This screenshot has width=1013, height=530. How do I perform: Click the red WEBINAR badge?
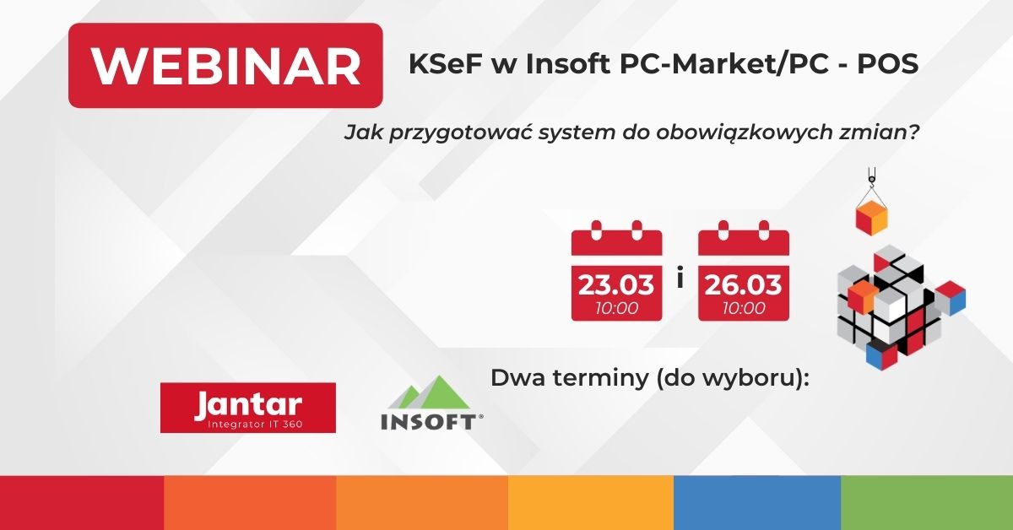click(x=225, y=65)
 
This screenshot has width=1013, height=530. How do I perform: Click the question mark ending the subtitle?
click(x=913, y=132)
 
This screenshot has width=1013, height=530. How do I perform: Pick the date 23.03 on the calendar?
click(x=616, y=284)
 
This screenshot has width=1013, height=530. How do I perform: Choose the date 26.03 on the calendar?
click(x=743, y=284)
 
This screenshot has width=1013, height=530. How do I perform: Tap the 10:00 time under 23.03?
click(x=616, y=307)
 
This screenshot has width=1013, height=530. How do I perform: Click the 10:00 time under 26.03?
click(x=743, y=307)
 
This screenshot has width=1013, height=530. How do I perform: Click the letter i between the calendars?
click(x=680, y=279)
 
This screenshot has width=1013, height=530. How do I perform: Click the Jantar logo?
click(x=248, y=407)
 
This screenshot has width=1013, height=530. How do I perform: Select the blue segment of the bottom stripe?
click(x=756, y=502)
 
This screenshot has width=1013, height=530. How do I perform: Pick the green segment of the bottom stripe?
click(x=926, y=502)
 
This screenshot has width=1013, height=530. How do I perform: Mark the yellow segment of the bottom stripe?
click(x=590, y=502)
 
